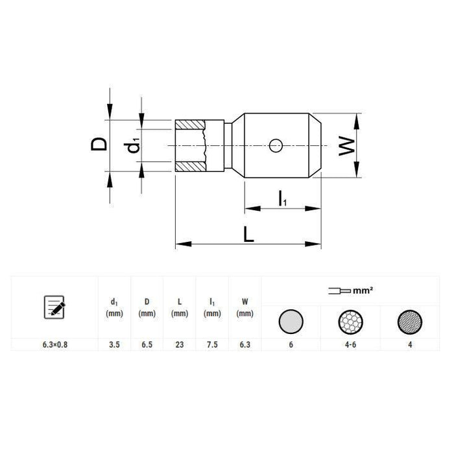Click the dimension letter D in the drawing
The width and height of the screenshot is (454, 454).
99,144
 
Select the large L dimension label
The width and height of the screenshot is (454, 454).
248,234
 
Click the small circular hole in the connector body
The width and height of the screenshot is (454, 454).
276,145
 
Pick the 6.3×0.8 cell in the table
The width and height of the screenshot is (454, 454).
54,346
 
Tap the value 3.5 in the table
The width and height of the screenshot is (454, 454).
114,346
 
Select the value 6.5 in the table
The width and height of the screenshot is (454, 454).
147,346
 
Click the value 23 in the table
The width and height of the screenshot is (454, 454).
180,346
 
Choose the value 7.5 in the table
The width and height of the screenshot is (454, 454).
211,346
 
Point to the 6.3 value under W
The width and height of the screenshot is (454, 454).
245,346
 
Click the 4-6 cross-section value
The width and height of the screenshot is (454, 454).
350,346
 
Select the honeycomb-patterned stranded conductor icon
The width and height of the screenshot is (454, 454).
350,321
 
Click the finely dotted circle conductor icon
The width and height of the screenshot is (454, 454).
410,321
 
